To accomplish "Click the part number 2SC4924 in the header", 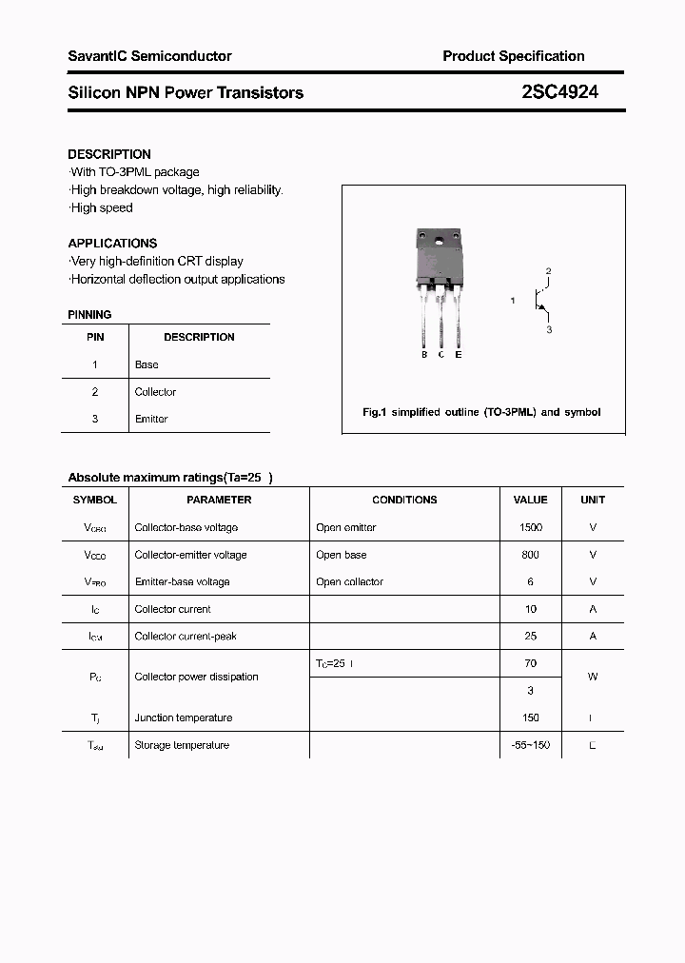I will (x=560, y=92).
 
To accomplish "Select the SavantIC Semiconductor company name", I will (x=149, y=56).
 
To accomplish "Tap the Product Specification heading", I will (x=514, y=56).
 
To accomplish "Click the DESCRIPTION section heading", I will (x=109, y=154).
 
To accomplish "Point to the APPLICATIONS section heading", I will (x=112, y=244).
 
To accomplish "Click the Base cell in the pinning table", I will (x=147, y=364).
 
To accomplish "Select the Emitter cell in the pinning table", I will (x=151, y=419).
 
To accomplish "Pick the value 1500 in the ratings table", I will (x=531, y=527).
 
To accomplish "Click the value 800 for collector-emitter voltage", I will (x=531, y=555).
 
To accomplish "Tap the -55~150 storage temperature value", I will (x=531, y=745).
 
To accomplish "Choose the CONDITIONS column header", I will (x=404, y=500).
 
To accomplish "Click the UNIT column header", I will (x=593, y=500).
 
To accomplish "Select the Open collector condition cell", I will (x=349, y=581).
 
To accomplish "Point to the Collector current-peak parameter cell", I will (x=186, y=636).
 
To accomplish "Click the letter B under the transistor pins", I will (x=424, y=355).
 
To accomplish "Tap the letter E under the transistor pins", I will (x=459, y=355).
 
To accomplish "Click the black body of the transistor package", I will (x=439, y=262).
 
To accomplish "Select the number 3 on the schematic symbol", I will (x=549, y=329).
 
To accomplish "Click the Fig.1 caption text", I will (x=481, y=413).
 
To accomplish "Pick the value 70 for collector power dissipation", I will (x=531, y=663).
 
